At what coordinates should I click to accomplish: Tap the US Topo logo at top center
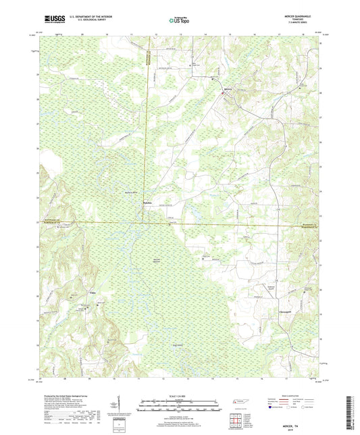tap(178, 20)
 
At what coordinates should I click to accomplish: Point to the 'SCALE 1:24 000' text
tap(179, 396)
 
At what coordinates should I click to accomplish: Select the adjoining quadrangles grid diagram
tap(235, 421)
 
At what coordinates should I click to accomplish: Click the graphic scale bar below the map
tap(179, 407)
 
